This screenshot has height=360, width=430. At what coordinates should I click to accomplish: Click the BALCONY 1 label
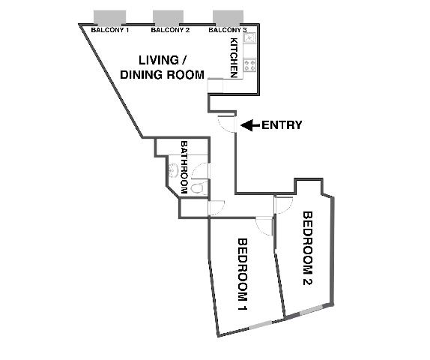[109, 30]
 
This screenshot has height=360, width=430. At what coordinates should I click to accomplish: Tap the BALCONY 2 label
[170, 30]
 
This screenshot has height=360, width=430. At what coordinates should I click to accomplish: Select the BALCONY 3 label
[227, 30]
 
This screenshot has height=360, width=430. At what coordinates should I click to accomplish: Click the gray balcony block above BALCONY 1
[109, 17]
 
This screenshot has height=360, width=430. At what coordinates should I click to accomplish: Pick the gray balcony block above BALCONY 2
[168, 17]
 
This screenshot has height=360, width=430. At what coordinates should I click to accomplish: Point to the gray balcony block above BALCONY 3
[228, 17]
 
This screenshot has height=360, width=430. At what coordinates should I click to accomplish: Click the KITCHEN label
[234, 58]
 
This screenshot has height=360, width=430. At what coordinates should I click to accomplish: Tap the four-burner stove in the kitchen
[249, 66]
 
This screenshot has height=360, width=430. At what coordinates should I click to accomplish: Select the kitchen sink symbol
[249, 37]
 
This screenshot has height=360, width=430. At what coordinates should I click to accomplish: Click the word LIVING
[159, 60]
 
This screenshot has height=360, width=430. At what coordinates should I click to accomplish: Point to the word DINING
[142, 75]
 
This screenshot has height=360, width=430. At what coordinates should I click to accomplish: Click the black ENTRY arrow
[250, 125]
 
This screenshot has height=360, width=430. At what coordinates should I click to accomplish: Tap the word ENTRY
[282, 125]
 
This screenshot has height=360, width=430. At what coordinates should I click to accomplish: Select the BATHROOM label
[184, 167]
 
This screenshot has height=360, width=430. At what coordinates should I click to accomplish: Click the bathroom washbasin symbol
[173, 170]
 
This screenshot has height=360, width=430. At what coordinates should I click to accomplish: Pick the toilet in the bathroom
[199, 187]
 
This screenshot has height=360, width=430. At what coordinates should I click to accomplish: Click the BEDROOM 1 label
[243, 274]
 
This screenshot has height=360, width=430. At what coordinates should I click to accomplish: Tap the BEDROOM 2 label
[307, 248]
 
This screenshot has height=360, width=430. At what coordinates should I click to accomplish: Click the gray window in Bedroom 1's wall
[261, 325]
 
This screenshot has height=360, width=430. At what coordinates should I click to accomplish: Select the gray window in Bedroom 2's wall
[311, 310]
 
